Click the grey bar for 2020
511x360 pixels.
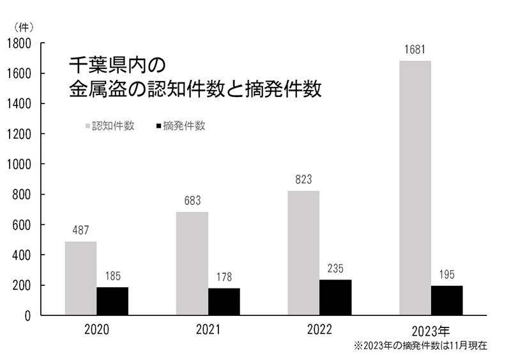[80, 278]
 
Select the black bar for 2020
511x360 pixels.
[112, 301]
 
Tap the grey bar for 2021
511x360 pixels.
[192, 264]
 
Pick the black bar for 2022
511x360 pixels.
[335, 297]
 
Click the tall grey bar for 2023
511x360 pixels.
[415, 188]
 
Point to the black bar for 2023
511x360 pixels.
[446, 300]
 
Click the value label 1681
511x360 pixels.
[415, 50]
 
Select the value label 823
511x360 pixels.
[303, 180]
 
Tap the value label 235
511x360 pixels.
[335, 269]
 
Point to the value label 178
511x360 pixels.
[224, 277]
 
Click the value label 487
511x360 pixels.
[80, 230]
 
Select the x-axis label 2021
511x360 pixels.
[208, 330]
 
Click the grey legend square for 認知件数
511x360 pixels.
[88, 126]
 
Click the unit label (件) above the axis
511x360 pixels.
[23, 27]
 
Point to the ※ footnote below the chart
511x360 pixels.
[420, 346]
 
